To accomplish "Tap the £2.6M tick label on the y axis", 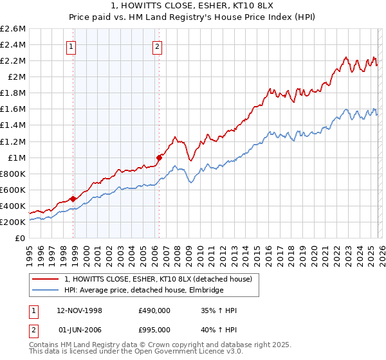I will click(x=13, y=29).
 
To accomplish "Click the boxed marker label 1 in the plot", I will click(x=71, y=46).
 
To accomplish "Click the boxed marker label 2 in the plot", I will click(x=157, y=46).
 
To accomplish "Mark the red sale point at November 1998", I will click(x=73, y=199).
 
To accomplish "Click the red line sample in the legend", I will click(x=45, y=279).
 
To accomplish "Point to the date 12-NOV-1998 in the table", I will click(x=80, y=310).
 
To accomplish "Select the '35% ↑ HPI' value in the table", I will click(x=219, y=310).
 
